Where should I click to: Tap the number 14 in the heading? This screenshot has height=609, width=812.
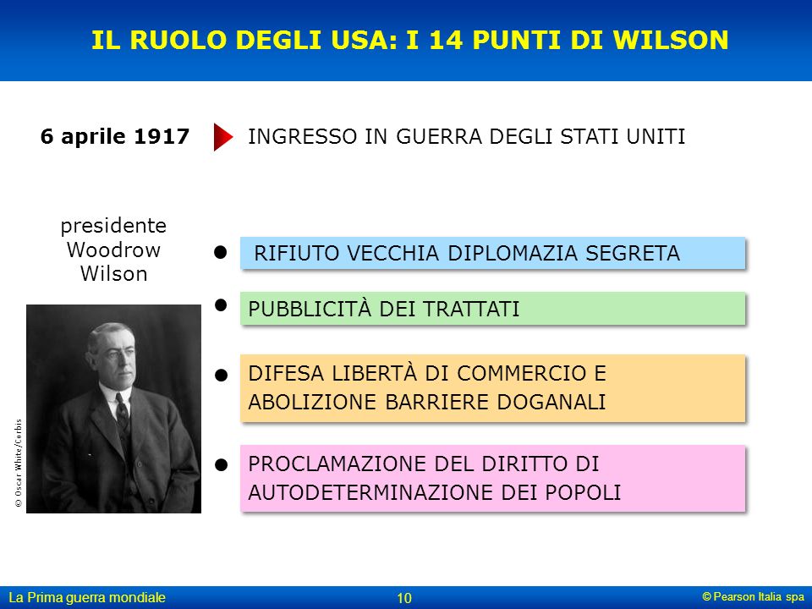[x=447, y=40]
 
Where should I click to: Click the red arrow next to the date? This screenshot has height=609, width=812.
[x=223, y=137]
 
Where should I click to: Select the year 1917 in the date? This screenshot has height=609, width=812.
[x=161, y=136]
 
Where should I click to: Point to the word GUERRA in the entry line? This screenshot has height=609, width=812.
[x=439, y=137]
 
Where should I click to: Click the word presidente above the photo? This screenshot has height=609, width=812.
[x=113, y=227]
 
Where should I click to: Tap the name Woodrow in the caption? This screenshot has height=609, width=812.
[x=113, y=250]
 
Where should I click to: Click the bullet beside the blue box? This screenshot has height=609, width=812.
[x=221, y=252]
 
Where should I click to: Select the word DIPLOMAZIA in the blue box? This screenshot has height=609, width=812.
[x=513, y=253]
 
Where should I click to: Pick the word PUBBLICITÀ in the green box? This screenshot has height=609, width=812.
[x=310, y=309]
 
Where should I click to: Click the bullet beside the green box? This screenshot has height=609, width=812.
[x=221, y=305]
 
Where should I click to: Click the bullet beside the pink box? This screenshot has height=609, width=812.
[x=221, y=464]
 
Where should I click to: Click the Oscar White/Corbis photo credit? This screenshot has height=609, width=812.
[x=19, y=463]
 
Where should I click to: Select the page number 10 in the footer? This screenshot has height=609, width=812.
[x=404, y=598]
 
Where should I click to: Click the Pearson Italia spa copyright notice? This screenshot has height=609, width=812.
[x=754, y=596]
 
